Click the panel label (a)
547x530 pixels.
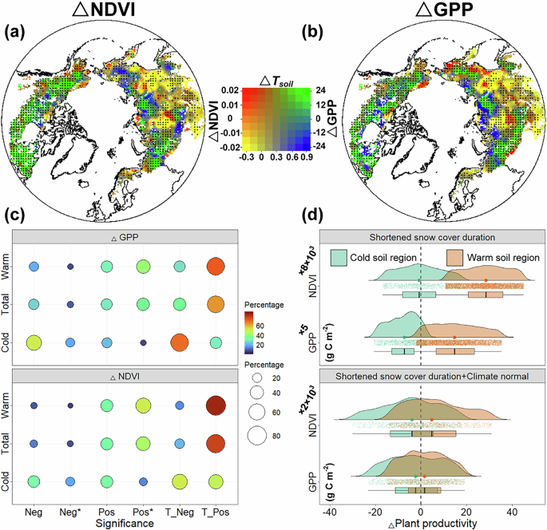(18, 33)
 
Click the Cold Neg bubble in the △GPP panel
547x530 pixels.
(34, 342)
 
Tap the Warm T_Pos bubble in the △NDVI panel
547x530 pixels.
(215, 405)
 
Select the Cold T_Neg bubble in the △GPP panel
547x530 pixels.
(179, 342)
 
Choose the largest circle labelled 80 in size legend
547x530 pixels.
(257, 435)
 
